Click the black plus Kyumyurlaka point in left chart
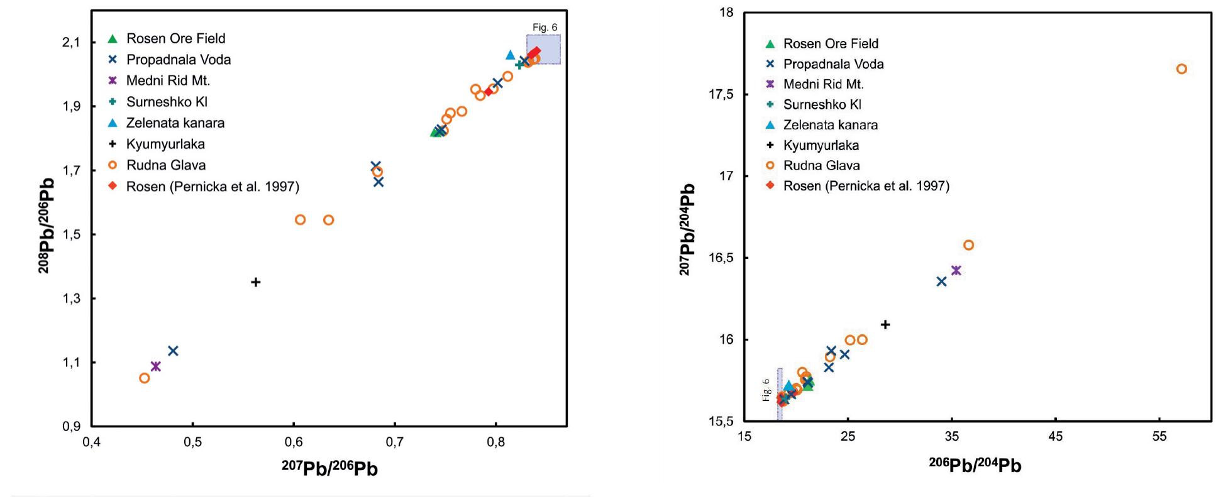click(x=256, y=282)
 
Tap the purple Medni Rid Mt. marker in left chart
click(x=156, y=366)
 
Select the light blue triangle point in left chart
click(x=511, y=55)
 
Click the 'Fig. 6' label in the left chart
click(x=544, y=28)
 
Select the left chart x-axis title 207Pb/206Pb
click(x=329, y=469)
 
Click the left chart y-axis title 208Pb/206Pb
click(x=46, y=225)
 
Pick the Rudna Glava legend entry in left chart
click(x=165, y=165)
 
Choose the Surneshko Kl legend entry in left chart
click(x=166, y=102)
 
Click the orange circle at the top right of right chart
click(x=1181, y=69)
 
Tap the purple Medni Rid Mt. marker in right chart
click(x=956, y=271)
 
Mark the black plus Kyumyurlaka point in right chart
click(x=885, y=325)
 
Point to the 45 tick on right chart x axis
click(x=1056, y=436)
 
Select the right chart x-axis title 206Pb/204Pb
click(x=975, y=465)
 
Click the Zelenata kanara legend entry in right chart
click(x=830, y=125)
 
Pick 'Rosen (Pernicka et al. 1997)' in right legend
click(x=866, y=186)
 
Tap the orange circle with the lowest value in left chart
click(x=145, y=378)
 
